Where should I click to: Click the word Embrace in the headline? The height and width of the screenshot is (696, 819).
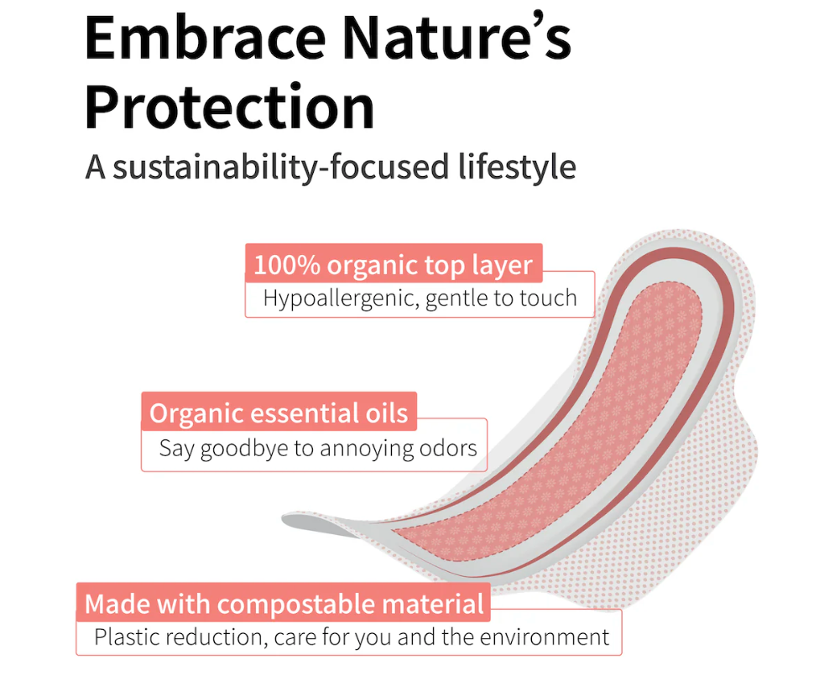click(x=206, y=38)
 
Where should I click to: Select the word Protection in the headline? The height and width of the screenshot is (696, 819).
click(x=229, y=107)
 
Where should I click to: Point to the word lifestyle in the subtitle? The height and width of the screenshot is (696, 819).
click(x=517, y=167)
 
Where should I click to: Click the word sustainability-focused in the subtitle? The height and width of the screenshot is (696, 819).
click(x=280, y=167)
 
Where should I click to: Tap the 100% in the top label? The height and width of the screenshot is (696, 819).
click(x=287, y=265)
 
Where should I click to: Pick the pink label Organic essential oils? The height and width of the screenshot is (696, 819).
click(x=279, y=412)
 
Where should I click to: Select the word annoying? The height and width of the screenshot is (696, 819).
click(x=368, y=449)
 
